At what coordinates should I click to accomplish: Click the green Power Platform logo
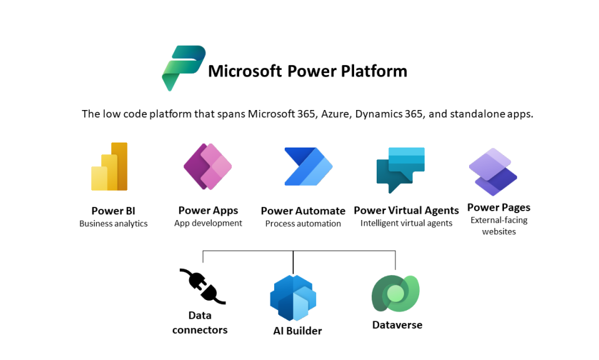click(184, 67)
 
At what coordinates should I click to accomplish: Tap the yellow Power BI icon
click(109, 167)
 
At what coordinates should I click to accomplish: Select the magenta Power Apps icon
click(207, 167)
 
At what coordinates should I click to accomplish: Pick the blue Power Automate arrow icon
click(309, 167)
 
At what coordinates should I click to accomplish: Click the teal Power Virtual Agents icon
click(400, 169)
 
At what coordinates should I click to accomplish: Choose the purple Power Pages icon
click(493, 172)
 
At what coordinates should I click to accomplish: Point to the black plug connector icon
click(202, 287)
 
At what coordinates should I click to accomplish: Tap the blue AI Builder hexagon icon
click(293, 298)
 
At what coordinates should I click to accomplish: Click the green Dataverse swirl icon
click(395, 293)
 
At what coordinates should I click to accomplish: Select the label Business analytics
click(114, 224)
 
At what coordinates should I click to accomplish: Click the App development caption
click(208, 223)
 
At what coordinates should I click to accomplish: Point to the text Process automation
click(303, 224)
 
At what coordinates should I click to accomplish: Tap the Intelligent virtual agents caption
click(407, 223)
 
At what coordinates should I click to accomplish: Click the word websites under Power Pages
click(499, 232)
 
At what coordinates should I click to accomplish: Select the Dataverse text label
click(397, 325)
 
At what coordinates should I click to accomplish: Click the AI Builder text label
click(297, 331)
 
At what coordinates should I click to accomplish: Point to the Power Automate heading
click(303, 211)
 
